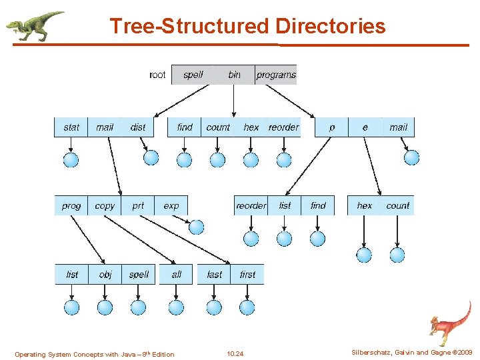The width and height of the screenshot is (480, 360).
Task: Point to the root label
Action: click(157, 75)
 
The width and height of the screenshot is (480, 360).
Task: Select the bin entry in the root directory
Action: click(234, 75)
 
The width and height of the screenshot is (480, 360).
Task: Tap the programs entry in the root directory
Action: click(275, 75)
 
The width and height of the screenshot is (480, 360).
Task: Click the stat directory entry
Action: click(71, 127)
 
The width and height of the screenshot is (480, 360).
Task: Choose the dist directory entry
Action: click(138, 127)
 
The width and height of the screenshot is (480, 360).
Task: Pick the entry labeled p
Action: click(332, 127)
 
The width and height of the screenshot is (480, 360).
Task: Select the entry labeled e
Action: click(365, 127)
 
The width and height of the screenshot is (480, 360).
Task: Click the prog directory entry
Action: click(71, 206)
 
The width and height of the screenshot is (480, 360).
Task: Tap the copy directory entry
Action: click(105, 206)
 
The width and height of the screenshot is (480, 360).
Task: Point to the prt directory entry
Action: click(138, 206)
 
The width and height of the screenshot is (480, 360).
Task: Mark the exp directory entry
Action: click(171, 206)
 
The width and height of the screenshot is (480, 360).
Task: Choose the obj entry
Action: click(105, 275)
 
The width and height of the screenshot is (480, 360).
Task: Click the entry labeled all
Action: click(176, 275)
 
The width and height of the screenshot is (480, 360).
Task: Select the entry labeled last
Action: click(214, 275)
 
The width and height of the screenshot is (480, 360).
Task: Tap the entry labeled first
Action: click(247, 275)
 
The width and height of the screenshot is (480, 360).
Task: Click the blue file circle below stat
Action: click(71, 159)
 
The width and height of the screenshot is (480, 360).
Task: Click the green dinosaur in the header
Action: click(35, 25)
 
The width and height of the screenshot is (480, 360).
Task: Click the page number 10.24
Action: click(235, 353)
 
